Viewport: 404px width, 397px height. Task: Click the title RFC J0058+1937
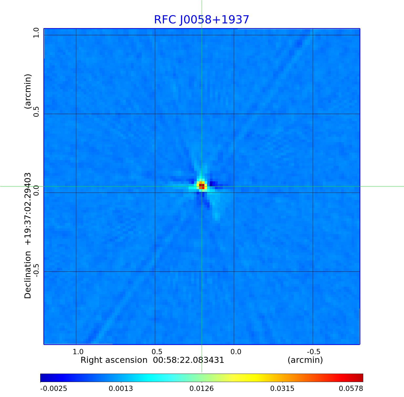tap(201, 20)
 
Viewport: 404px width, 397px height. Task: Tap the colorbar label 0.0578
tap(351, 389)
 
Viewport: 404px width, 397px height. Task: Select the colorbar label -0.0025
tap(54, 389)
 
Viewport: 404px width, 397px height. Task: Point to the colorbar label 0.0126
tap(202, 389)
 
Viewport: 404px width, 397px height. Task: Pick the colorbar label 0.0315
tap(282, 389)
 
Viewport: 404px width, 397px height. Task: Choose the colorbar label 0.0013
tap(121, 389)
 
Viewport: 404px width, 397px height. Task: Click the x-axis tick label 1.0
tap(78, 352)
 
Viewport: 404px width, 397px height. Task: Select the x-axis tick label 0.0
tap(236, 352)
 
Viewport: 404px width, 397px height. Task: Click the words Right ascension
tap(114, 360)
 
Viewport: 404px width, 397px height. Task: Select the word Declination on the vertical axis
tap(28, 275)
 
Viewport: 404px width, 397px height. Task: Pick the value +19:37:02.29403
tap(28, 209)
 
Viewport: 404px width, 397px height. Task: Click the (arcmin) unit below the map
tap(305, 360)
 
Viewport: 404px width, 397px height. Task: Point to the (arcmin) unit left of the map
tap(28, 91)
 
